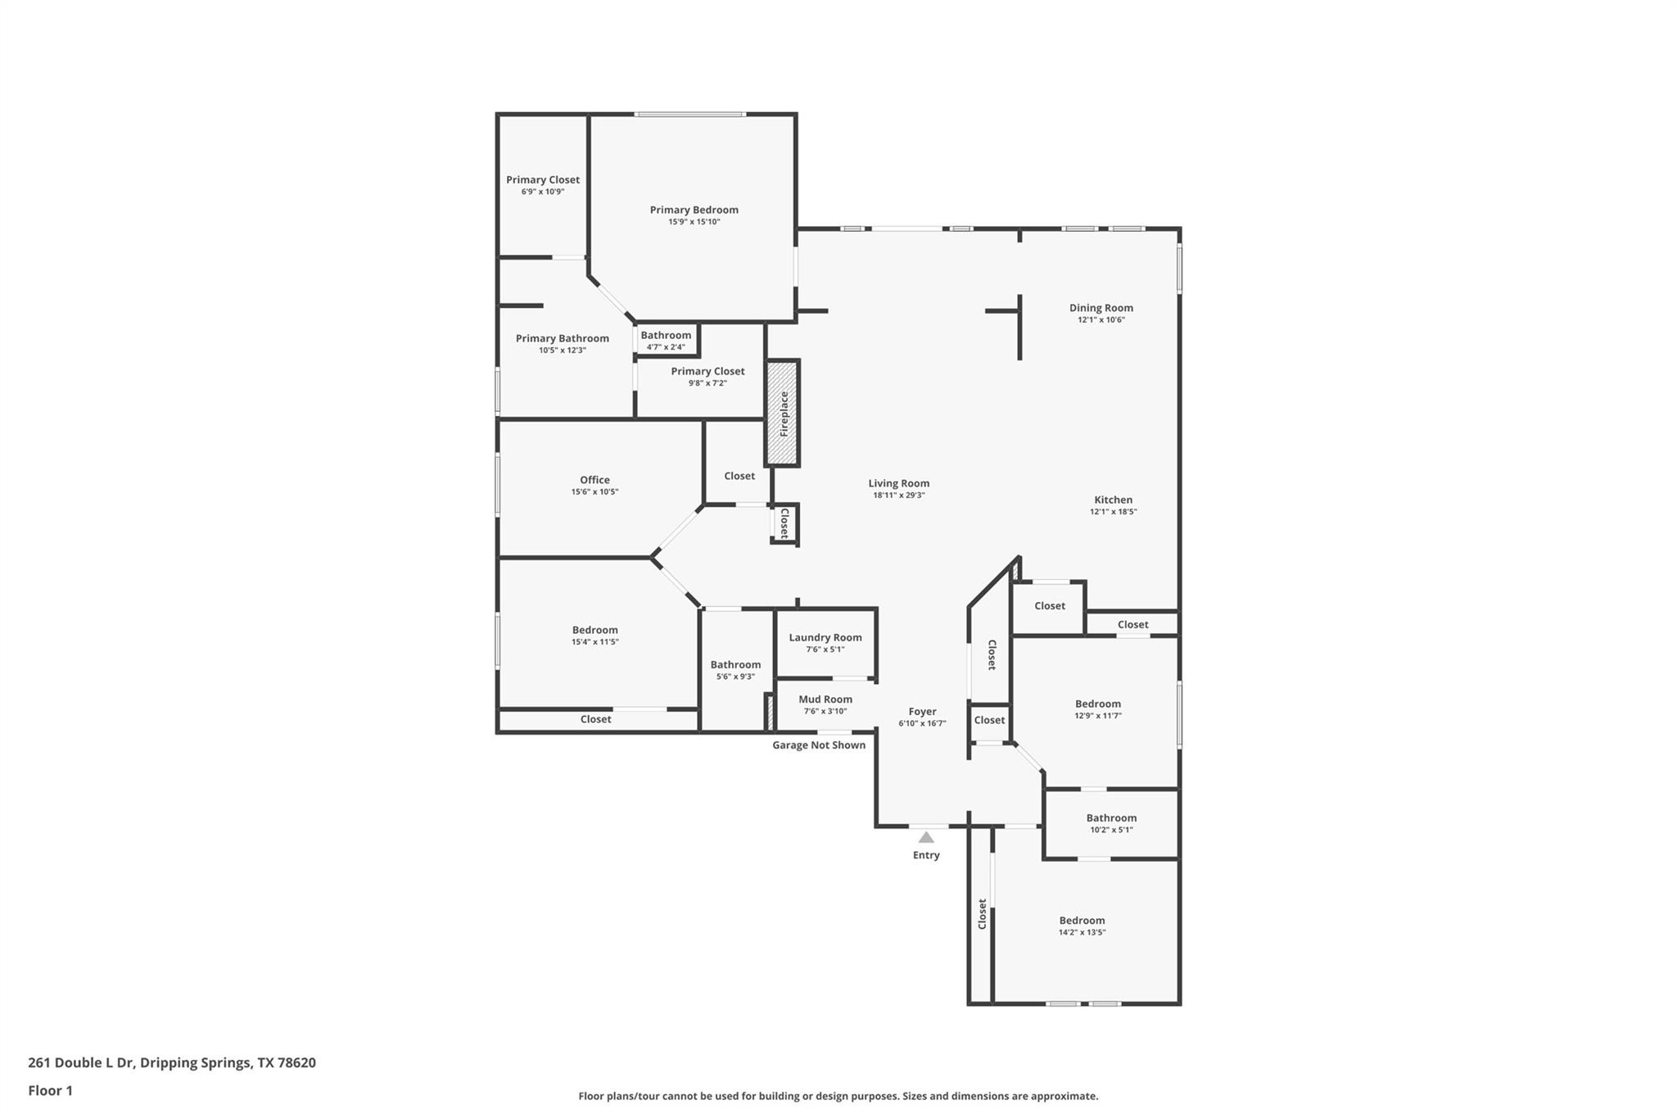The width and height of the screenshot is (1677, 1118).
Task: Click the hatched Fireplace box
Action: (x=782, y=413)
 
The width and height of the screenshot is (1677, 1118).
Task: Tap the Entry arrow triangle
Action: (x=926, y=838)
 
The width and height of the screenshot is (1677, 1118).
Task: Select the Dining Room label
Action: (x=1101, y=308)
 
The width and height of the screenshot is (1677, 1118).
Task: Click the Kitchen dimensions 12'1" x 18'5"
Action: (x=1113, y=512)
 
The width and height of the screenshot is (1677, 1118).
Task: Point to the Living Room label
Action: (x=898, y=483)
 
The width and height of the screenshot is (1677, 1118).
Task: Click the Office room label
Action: (x=594, y=480)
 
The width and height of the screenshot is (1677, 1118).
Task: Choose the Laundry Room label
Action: (x=825, y=637)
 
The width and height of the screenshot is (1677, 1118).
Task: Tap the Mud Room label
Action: (x=825, y=699)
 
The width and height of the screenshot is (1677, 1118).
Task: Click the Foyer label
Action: (x=922, y=712)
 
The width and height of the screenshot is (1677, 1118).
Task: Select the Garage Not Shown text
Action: (x=819, y=745)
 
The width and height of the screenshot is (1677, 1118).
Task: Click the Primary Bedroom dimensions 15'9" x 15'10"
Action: (x=694, y=222)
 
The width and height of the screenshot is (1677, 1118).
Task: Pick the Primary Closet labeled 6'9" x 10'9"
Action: (x=542, y=184)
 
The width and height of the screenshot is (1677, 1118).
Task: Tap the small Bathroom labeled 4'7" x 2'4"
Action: (x=666, y=340)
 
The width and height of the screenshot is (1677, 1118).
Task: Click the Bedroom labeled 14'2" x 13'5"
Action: (x=1082, y=926)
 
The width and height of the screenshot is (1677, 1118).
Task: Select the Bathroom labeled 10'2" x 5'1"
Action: (x=1111, y=822)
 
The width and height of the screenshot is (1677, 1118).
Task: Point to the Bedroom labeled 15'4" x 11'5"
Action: (x=594, y=635)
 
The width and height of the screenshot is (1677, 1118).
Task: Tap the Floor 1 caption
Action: (x=50, y=1091)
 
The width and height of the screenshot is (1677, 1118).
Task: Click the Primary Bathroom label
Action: (x=562, y=338)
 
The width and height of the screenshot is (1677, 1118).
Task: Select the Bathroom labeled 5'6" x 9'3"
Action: (x=735, y=669)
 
